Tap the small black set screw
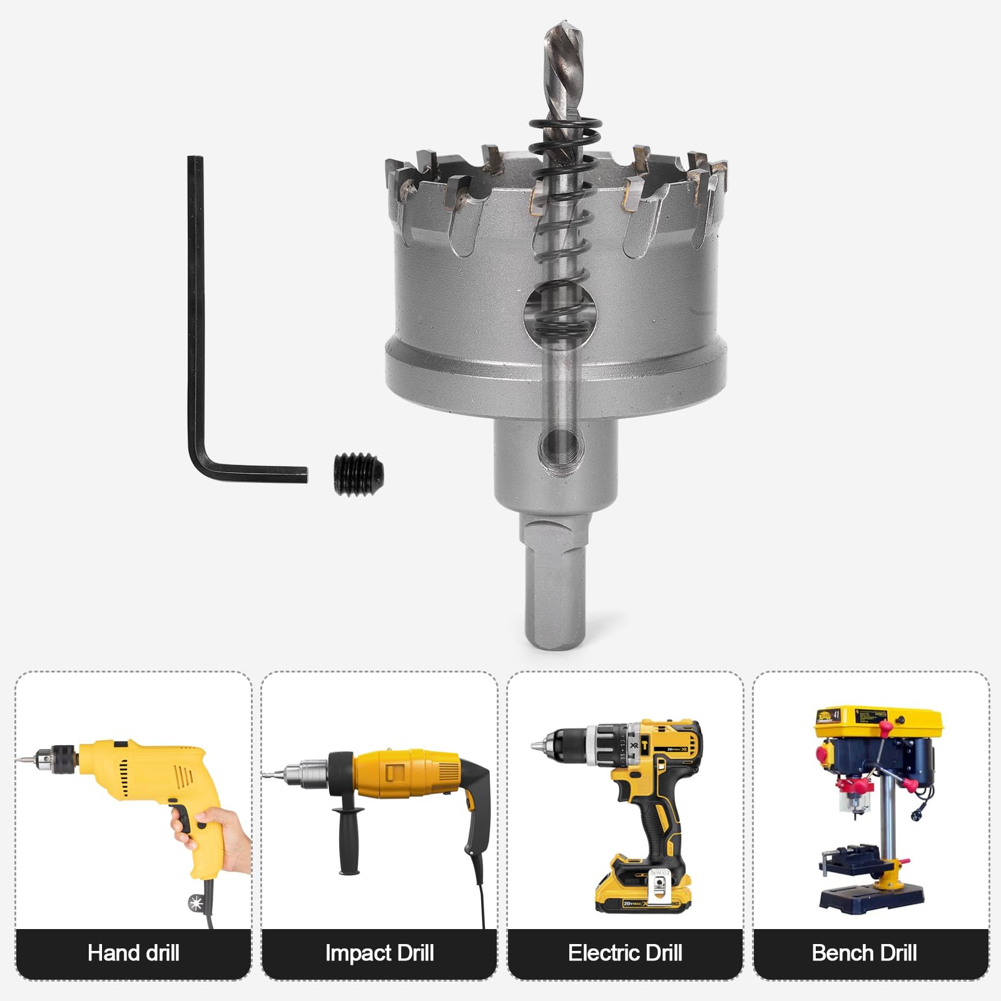point(358,474)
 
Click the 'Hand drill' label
point(133,953)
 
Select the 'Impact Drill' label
point(379,953)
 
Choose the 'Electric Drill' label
point(625,953)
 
